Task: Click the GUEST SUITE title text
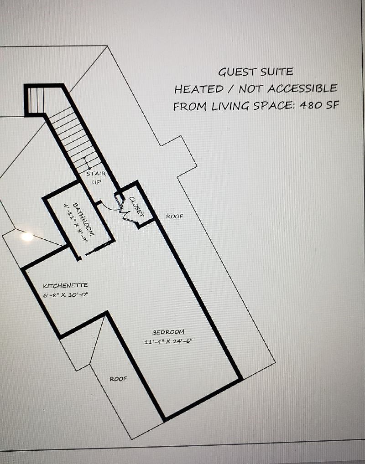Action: pos(255,72)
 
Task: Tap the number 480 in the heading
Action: pos(311,105)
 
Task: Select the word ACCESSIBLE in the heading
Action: pos(302,88)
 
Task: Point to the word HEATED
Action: pos(199,89)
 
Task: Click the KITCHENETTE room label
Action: pos(66,286)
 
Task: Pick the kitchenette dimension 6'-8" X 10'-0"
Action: pos(66,295)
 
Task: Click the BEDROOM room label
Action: pos(168,332)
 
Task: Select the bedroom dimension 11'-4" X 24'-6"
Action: pos(168,341)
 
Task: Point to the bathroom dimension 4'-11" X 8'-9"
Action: pos(76,223)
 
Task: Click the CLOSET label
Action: pos(136,207)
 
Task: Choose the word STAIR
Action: pos(96,174)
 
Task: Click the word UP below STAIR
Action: pos(96,182)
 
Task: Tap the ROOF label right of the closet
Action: pos(174,217)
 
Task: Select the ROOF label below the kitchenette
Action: pos(118,379)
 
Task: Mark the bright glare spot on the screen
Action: pos(27,237)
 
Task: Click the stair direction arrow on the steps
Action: pos(87,163)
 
